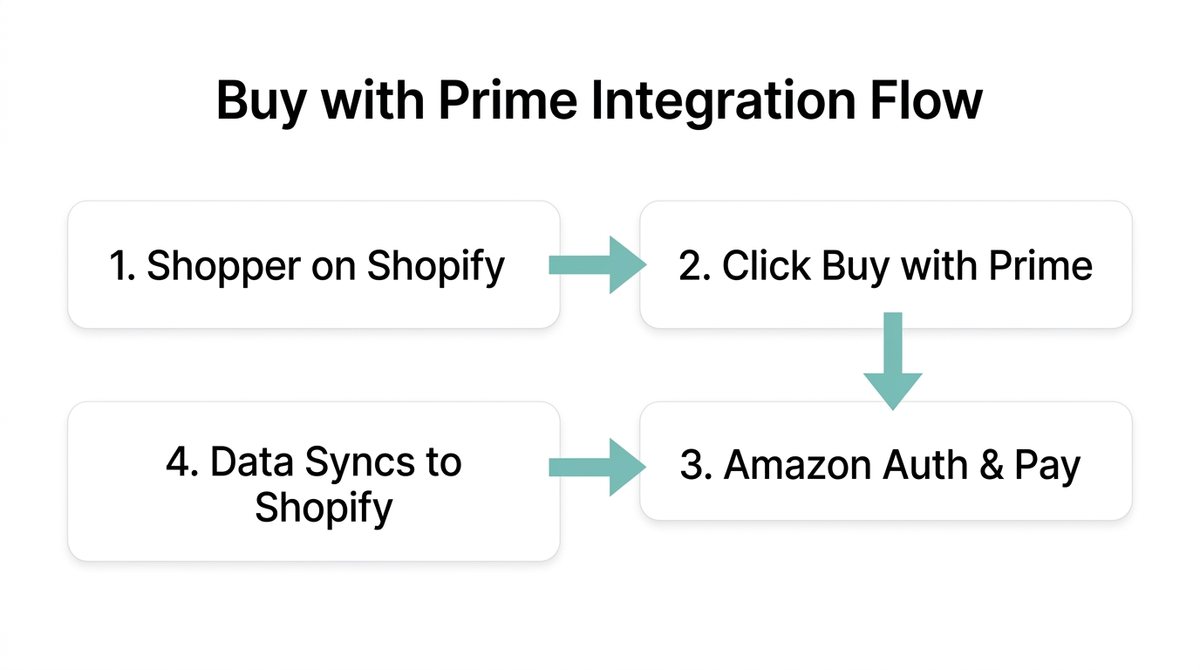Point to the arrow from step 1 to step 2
[x=597, y=264]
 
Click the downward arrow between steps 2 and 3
[x=892, y=360]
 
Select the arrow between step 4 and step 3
[x=597, y=468]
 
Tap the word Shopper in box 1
[x=223, y=265]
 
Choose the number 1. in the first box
[x=122, y=265]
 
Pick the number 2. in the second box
[x=695, y=265]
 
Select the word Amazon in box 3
[x=797, y=465]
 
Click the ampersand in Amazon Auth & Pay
[x=990, y=465]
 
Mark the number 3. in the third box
[x=697, y=465]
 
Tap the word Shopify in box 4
[x=324, y=507]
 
